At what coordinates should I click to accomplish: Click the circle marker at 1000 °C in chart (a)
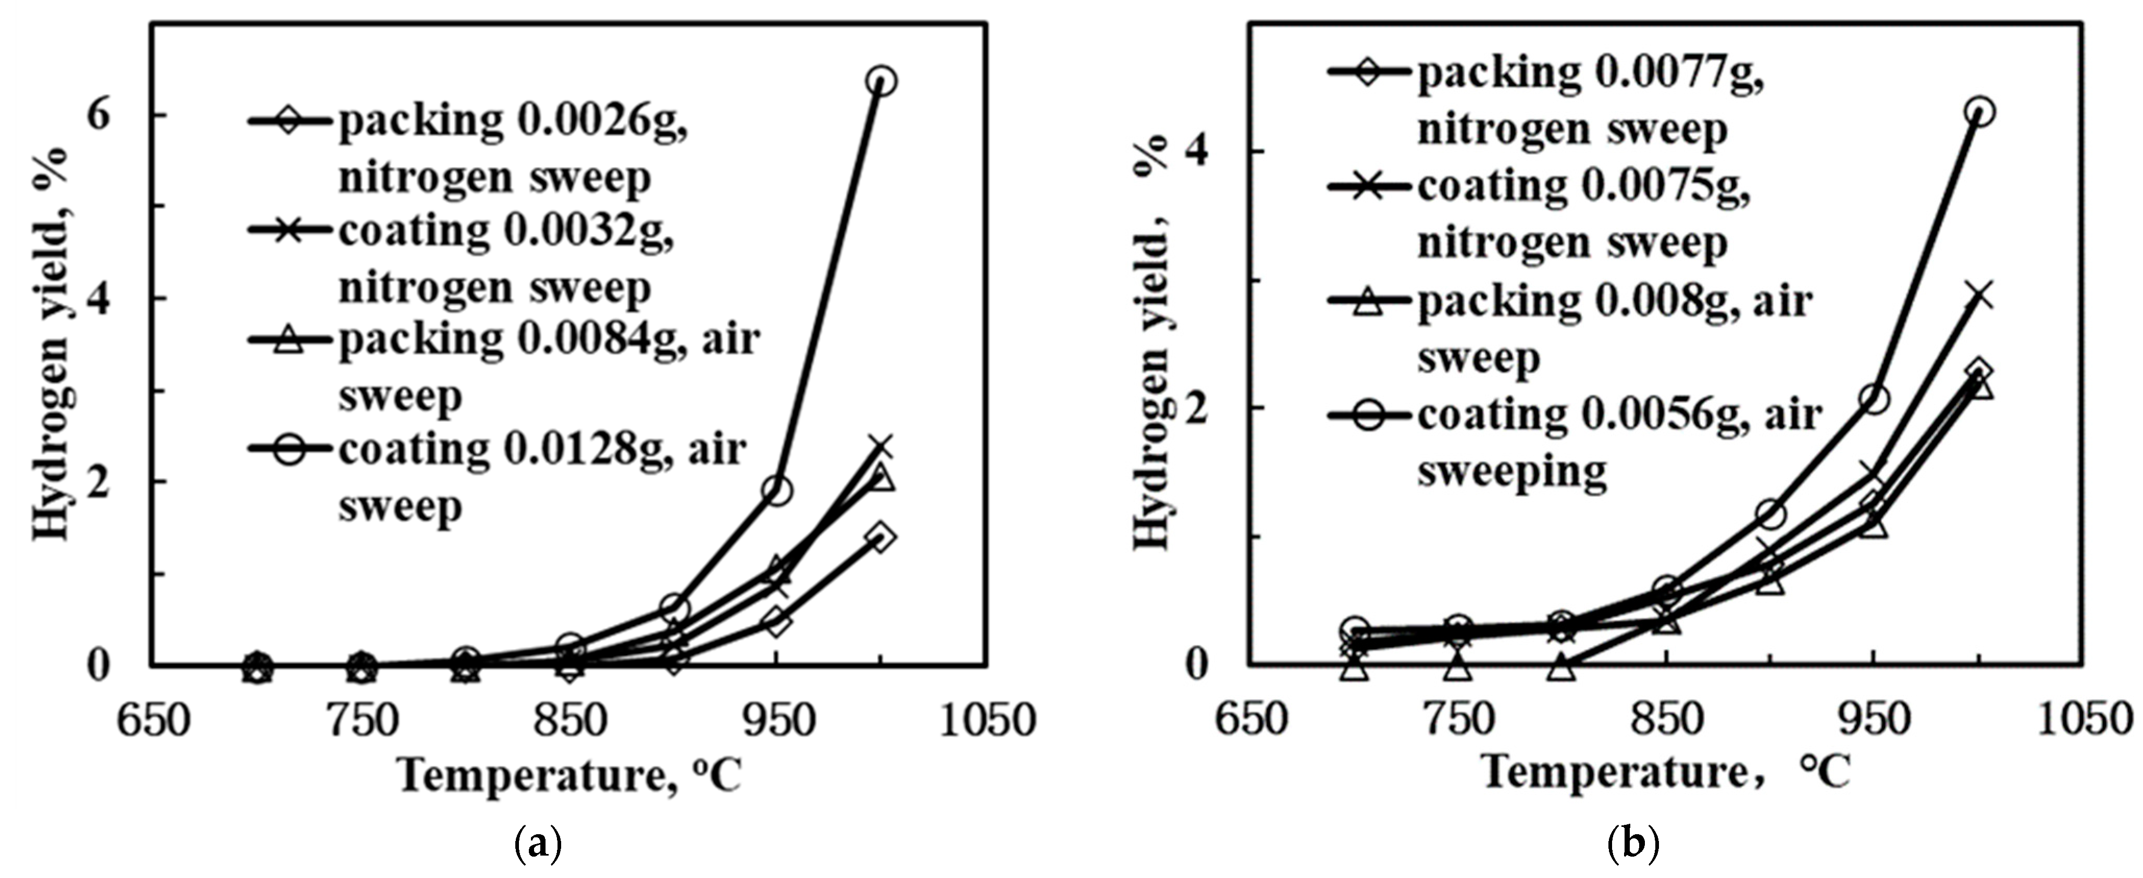[x=881, y=81]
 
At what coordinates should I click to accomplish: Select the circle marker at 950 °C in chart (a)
[x=776, y=490]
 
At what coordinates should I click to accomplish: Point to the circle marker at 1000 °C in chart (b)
[x=1981, y=112]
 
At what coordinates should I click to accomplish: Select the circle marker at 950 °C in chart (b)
[x=1874, y=399]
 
